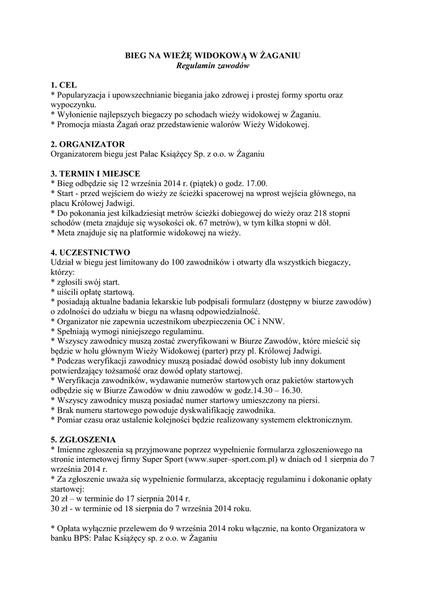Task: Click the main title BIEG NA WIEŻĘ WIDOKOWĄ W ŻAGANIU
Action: coord(213,55)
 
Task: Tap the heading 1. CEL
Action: coord(64,85)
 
